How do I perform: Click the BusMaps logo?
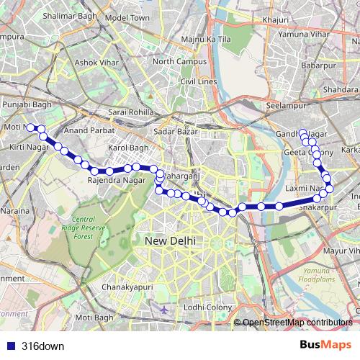tap(325, 345)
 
